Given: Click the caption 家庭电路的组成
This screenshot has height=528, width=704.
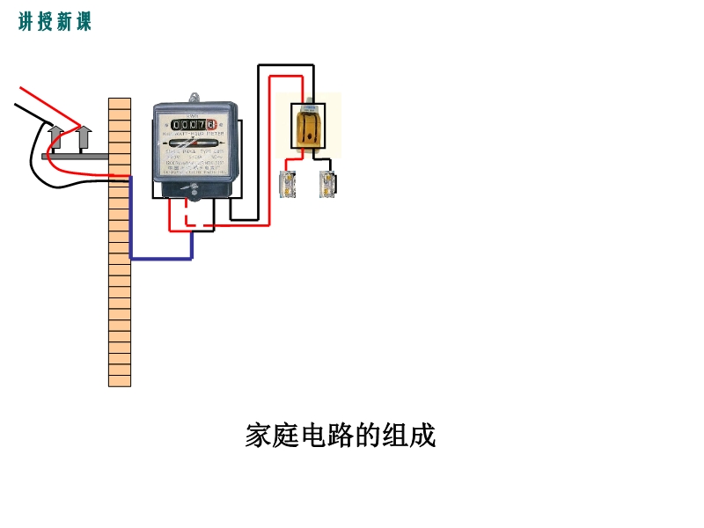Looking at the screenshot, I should pyautogui.click(x=341, y=436).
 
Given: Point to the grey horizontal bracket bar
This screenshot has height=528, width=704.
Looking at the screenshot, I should pyautogui.click(x=75, y=157).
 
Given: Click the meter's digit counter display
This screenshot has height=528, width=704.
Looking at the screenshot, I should pyautogui.click(x=194, y=124).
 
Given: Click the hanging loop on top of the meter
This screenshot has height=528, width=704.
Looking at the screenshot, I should pyautogui.click(x=194, y=97).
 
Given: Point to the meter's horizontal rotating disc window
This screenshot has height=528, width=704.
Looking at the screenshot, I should pyautogui.click(x=194, y=143).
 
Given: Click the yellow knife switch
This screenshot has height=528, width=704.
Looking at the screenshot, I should pyautogui.click(x=309, y=125).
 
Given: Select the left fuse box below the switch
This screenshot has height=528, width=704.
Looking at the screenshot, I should pyautogui.click(x=287, y=183).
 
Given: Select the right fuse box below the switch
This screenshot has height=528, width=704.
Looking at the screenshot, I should pyautogui.click(x=327, y=183).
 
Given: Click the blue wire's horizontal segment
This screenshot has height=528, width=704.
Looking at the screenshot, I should pyautogui.click(x=161, y=259).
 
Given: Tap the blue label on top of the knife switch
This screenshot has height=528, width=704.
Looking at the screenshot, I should pyautogui.click(x=309, y=108).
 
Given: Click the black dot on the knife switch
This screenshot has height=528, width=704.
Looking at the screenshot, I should pyautogui.click(x=309, y=137).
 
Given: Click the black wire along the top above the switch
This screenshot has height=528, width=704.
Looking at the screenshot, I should pyautogui.click(x=286, y=65).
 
